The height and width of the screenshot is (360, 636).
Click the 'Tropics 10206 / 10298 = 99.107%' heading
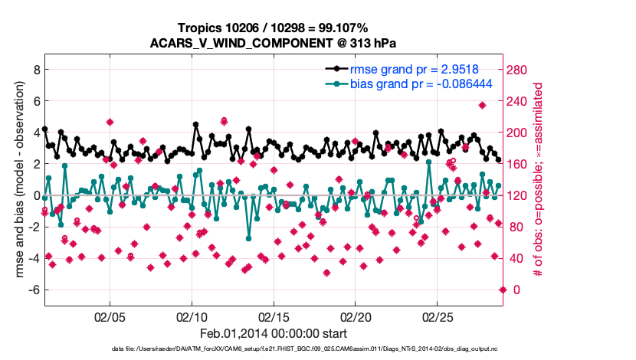click(x=273, y=28)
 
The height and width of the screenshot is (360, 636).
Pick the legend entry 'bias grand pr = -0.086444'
click(x=421, y=83)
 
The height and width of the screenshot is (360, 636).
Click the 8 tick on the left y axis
click(x=34, y=70)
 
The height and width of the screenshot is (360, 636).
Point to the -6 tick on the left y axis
click(x=32, y=290)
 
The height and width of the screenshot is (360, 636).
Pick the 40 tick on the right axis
click(x=514, y=258)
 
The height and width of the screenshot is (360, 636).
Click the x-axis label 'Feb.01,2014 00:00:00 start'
click(x=273, y=333)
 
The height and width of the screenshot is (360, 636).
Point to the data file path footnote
click(x=273, y=349)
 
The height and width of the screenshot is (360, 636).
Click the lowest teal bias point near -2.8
click(x=248, y=238)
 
